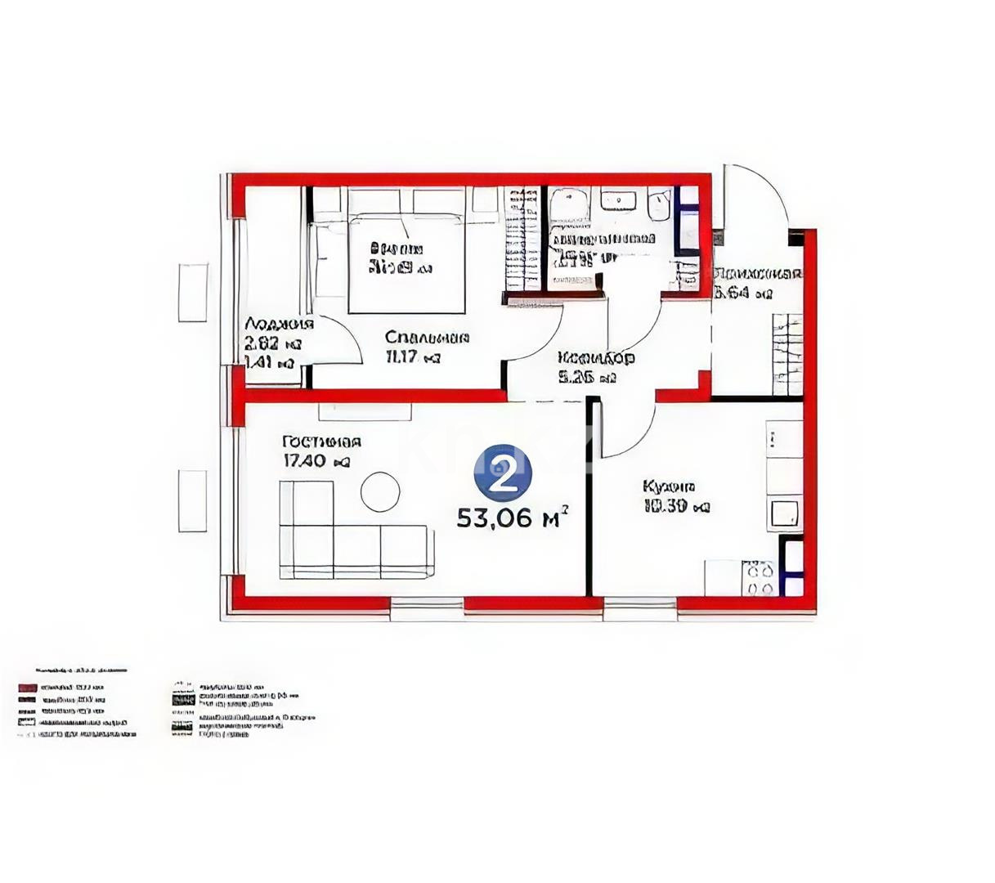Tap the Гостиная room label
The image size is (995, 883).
pyautogui.click(x=321, y=442)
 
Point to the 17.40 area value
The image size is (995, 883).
pyautogui.click(x=316, y=461)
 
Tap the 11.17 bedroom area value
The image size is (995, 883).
pyautogui.click(x=413, y=356)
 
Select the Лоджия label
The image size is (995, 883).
pyautogui.click(x=279, y=324)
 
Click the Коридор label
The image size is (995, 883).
pyautogui.click(x=596, y=358)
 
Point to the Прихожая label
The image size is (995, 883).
pyautogui.click(x=757, y=274)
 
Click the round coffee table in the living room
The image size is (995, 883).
pyautogui.click(x=380, y=492)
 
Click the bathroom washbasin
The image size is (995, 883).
pyautogui.click(x=621, y=199)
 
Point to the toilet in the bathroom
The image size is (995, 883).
pyautogui.click(x=659, y=205)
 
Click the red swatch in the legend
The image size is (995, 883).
pyautogui.click(x=28, y=688)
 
